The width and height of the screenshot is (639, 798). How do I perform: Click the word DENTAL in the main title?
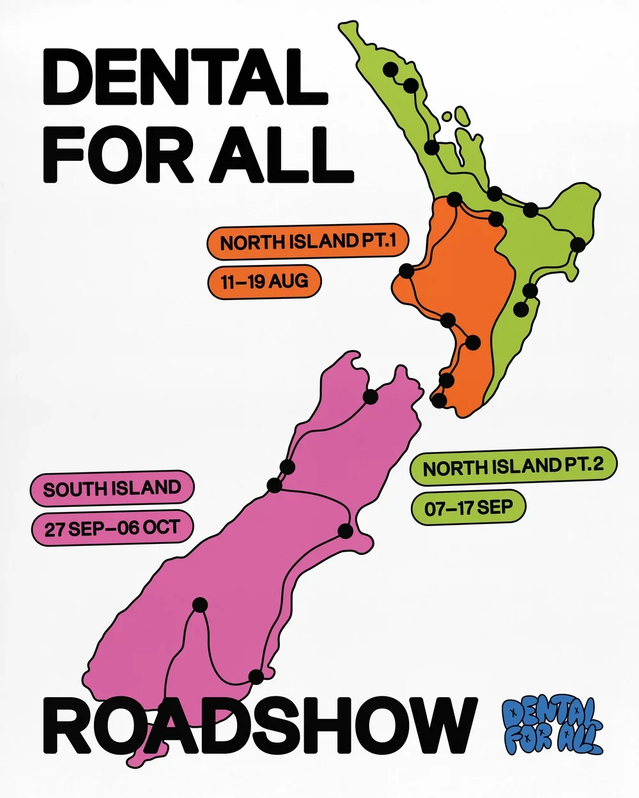click(x=185, y=78)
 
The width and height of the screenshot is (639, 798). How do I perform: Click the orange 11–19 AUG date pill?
click(x=264, y=281)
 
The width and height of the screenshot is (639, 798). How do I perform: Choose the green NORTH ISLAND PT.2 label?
click(x=513, y=466)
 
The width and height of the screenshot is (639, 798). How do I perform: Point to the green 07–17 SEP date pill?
click(x=468, y=508)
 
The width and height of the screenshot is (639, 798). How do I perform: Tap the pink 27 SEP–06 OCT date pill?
click(x=112, y=528)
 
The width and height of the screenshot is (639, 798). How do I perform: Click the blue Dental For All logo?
click(x=552, y=725)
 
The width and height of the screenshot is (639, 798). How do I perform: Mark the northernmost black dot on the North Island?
click(x=390, y=70)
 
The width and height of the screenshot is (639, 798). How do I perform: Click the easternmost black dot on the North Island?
click(x=578, y=244)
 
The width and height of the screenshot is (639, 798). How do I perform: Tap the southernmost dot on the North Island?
click(x=439, y=401)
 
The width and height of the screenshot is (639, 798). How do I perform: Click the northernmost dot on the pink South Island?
click(x=370, y=397)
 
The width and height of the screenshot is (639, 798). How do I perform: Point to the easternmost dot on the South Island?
click(x=346, y=531)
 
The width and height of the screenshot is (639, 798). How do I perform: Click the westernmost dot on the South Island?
click(x=200, y=605)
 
